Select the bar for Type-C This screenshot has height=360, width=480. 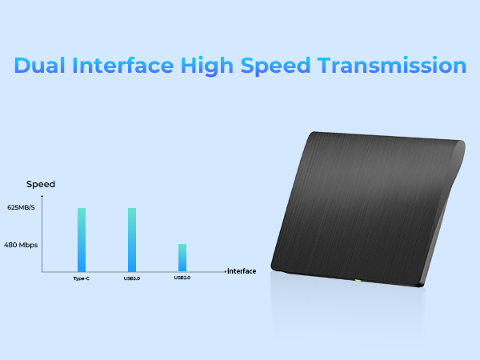(82, 240)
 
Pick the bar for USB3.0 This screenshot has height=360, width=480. (132, 240)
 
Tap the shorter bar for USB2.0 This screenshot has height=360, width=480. (182, 258)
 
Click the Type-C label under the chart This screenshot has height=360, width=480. (82, 278)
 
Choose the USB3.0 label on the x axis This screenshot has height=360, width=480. (132, 278)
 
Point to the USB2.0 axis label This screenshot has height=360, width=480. (182, 278)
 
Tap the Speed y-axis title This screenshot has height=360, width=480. (41, 184)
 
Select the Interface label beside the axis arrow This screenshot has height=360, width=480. (242, 271)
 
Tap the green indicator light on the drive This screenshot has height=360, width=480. (358, 279)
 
